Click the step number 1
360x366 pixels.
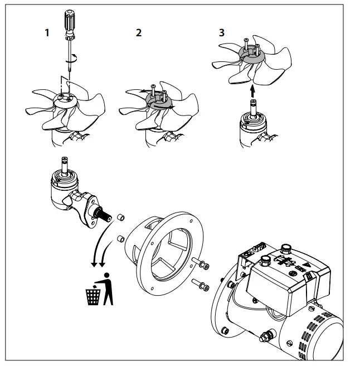48,32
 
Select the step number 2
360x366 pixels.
139,32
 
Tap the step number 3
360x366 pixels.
222,32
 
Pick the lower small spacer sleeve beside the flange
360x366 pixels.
119,239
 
